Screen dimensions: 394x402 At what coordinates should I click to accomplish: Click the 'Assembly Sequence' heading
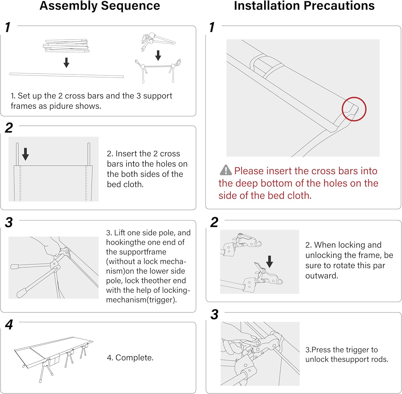(x=100, y=6)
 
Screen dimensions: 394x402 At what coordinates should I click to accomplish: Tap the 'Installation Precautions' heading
(x=304, y=6)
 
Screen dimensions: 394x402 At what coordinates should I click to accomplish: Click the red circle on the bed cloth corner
(x=354, y=109)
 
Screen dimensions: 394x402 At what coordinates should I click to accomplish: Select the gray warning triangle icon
(x=226, y=170)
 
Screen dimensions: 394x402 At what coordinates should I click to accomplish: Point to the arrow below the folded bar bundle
(x=66, y=62)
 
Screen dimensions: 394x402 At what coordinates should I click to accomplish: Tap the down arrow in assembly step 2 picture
(x=25, y=154)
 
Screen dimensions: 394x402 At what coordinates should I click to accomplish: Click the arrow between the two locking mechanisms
(x=270, y=261)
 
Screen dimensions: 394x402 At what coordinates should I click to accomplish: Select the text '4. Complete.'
(x=130, y=358)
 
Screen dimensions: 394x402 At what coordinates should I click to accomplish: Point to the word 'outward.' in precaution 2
(x=322, y=275)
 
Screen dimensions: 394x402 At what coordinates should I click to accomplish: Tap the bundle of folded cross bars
(x=66, y=46)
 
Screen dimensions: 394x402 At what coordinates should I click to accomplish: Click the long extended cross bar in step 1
(x=66, y=75)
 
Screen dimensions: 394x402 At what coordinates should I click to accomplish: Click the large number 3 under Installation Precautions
(x=214, y=314)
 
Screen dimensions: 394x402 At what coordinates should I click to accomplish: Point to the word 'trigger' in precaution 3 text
(x=358, y=350)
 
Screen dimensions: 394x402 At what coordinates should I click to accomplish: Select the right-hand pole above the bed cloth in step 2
(x=89, y=154)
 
